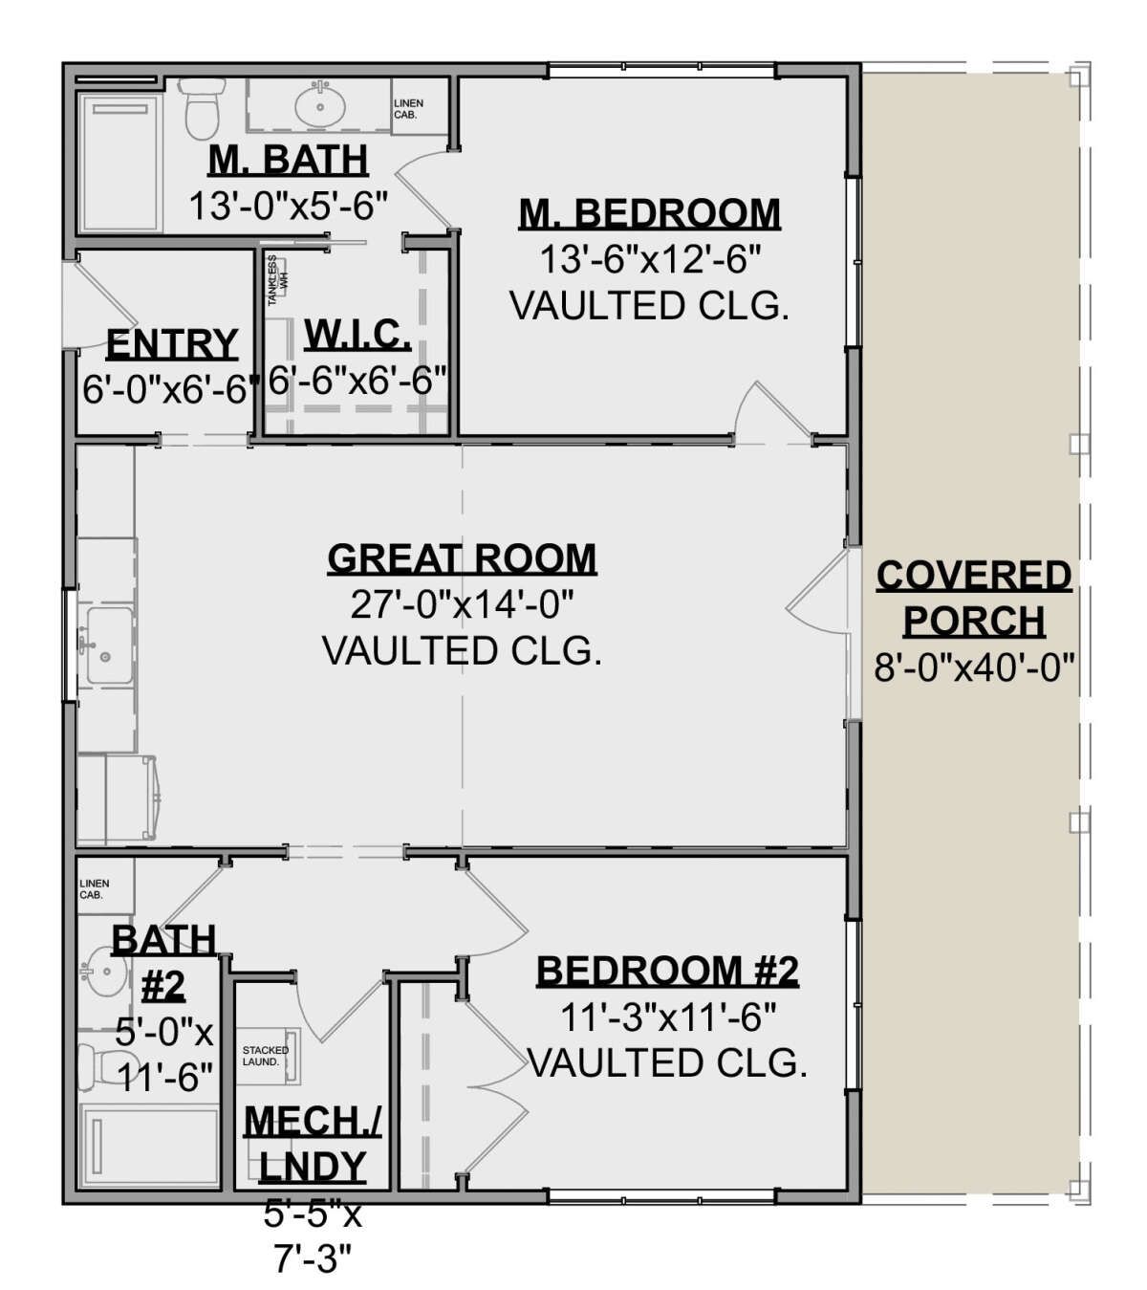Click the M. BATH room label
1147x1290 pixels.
[288, 160]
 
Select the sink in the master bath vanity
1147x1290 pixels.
[320, 105]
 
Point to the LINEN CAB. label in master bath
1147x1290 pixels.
[408, 109]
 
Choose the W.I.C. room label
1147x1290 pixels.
[357, 335]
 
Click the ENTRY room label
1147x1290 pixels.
[172, 344]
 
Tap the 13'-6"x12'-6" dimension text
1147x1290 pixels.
[650, 260]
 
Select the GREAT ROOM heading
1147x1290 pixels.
[462, 558]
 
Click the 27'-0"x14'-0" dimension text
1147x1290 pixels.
[462, 604]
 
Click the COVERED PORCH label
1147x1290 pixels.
[974, 598]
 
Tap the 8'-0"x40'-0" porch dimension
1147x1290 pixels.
[974, 668]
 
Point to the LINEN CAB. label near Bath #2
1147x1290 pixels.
[95, 889]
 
